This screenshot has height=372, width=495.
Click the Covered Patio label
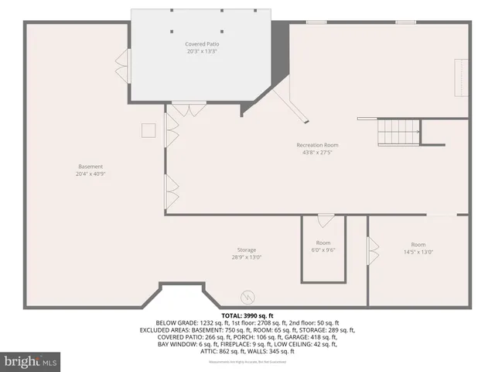pos(202,44)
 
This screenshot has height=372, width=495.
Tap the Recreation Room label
pos(317,145)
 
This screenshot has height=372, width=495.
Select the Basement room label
pos(90,167)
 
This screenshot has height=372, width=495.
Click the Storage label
pos(247,250)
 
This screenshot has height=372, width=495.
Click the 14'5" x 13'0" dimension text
pos(418,252)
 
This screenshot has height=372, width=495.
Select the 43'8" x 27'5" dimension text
pos(317,153)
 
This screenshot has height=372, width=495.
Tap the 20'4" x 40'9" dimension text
pos(90,174)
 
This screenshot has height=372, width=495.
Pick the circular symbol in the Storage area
pos(247,295)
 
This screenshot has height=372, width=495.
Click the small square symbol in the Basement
pos(148,130)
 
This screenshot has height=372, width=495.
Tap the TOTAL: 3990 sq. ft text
pos(247,316)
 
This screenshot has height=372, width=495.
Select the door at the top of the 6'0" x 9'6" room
pos(326,220)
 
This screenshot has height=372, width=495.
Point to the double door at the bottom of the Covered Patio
pos(186,109)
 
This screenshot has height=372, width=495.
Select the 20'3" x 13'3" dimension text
pos(202,53)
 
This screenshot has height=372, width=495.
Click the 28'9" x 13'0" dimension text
pos(247,258)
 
